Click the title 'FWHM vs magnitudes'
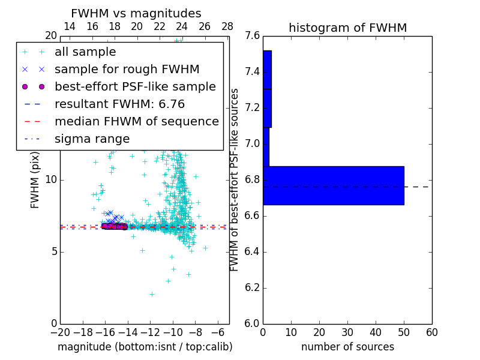(136, 13)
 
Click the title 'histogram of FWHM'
(347, 28)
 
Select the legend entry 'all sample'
(85, 52)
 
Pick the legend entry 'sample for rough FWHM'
(127, 70)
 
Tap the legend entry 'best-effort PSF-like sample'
(135, 87)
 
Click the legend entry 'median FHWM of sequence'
(136, 122)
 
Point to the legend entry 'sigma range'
(92, 139)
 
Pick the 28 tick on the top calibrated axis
(227, 26)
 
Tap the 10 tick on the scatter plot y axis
(51, 180)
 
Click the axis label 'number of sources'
(347, 347)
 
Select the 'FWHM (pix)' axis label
(35, 180)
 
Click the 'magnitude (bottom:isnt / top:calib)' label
(145, 347)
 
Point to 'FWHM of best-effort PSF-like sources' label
(235, 180)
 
